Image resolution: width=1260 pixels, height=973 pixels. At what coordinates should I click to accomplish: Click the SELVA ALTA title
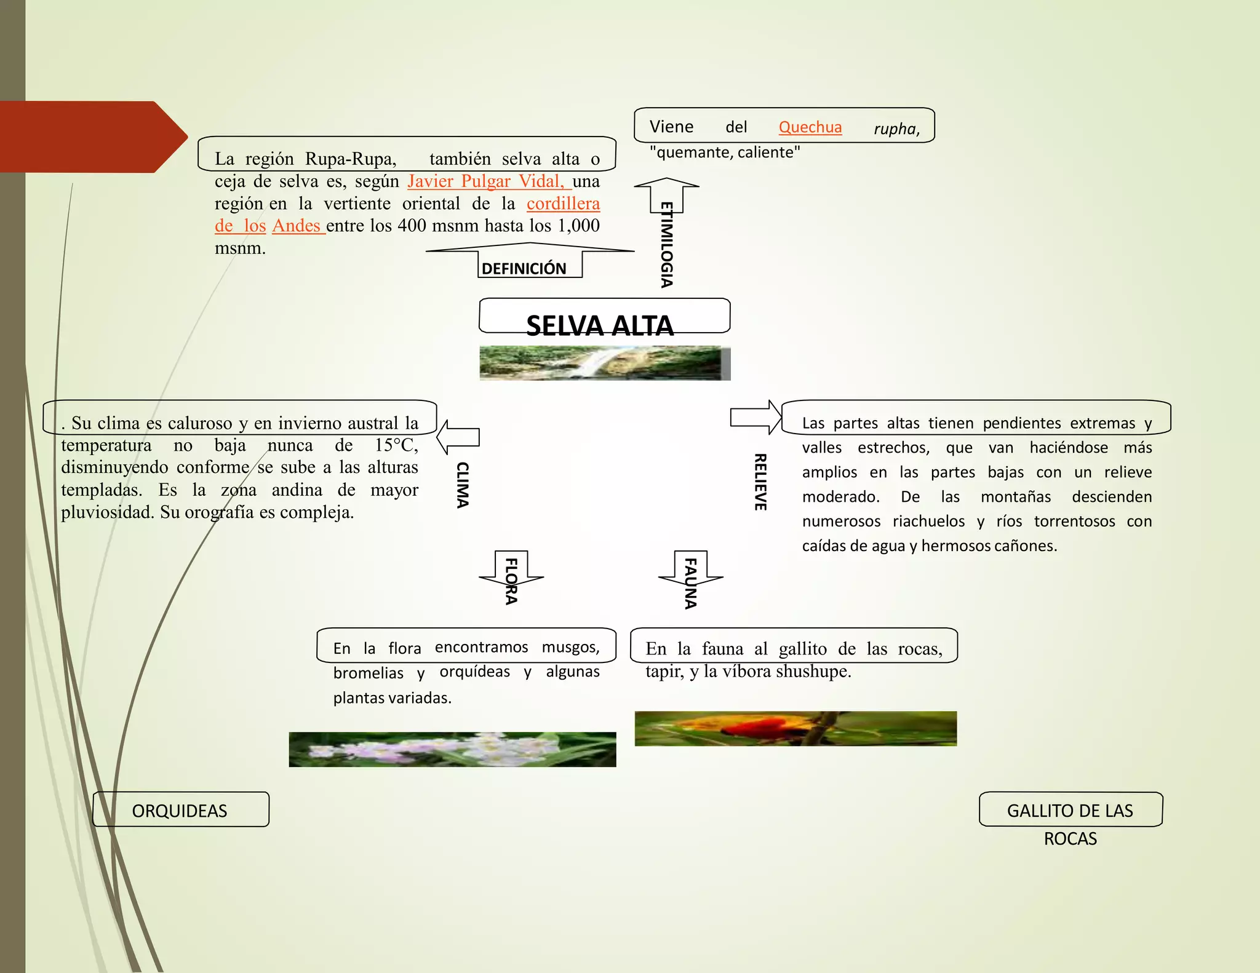[600, 325]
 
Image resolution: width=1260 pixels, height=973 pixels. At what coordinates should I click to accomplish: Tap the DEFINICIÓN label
[524, 269]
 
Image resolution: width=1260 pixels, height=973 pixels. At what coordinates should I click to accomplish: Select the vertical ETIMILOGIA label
[666, 245]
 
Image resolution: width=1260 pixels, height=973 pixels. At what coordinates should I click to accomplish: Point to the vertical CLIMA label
[462, 485]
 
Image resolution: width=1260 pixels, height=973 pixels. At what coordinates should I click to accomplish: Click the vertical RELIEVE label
[760, 482]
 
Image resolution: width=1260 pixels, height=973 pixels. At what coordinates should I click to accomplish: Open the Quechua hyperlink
[810, 127]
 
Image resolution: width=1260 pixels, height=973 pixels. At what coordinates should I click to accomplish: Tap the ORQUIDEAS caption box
[181, 809]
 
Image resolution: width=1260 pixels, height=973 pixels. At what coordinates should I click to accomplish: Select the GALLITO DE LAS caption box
[1071, 809]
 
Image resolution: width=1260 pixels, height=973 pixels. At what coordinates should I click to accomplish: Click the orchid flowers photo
[452, 749]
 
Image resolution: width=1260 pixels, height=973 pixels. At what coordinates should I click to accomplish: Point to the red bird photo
[795, 729]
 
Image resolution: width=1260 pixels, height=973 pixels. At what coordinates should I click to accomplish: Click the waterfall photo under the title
[605, 363]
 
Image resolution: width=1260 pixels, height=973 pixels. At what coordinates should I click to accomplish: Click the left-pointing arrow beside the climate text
[458, 437]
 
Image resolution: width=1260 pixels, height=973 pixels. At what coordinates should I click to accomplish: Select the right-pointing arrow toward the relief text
[756, 417]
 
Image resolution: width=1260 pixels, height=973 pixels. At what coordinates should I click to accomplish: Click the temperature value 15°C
[397, 445]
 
